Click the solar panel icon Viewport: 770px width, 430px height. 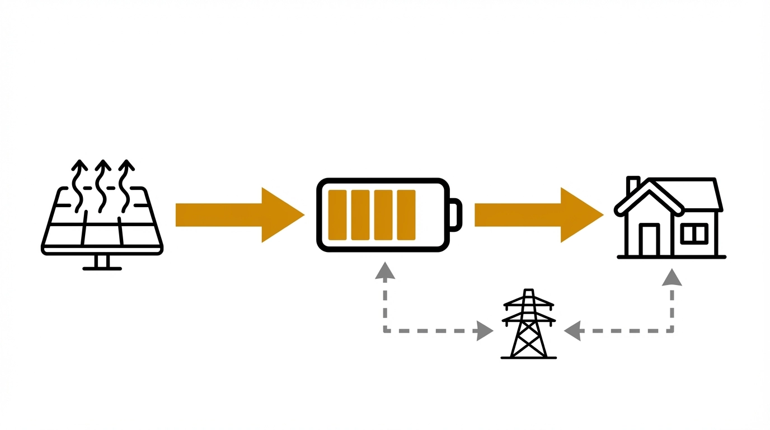coord(102,224)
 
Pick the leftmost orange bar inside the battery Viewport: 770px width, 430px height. coord(337,215)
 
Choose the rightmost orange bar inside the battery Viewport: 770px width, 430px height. coord(406,215)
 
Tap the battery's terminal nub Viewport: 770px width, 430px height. coord(457,215)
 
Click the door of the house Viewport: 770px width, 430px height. coord(650,240)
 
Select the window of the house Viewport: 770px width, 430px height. coord(694,233)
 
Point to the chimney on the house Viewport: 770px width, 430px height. coord(633,186)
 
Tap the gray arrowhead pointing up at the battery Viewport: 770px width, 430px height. coord(385,270)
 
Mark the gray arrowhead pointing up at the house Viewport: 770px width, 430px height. coord(672,277)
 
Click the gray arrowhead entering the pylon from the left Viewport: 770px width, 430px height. coord(484,331)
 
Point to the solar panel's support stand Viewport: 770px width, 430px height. coord(102,263)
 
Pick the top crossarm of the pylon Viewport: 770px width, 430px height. coord(529,306)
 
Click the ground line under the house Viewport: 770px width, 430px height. coord(671,257)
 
